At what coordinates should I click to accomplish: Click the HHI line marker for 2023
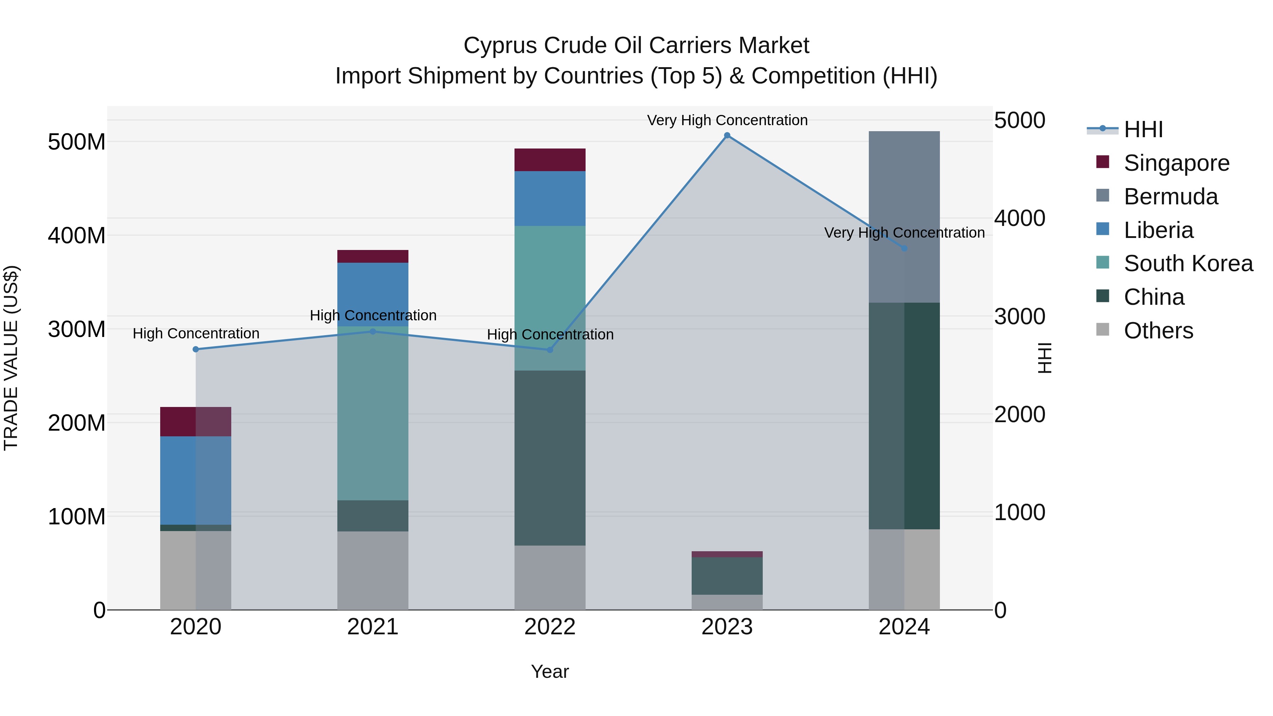click(727, 135)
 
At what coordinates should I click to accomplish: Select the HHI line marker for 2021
click(373, 332)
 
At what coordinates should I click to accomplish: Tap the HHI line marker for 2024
click(904, 249)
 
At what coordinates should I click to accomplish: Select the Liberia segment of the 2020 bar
click(196, 480)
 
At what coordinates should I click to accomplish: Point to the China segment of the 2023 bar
click(727, 576)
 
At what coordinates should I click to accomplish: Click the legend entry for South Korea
click(1188, 263)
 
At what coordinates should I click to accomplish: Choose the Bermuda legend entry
click(1171, 197)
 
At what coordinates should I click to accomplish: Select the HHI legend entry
click(1143, 129)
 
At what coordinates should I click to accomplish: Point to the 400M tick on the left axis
click(77, 236)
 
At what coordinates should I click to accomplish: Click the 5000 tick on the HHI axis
click(1020, 121)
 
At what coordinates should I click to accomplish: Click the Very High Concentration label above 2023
click(727, 120)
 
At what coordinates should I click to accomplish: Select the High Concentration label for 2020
click(196, 333)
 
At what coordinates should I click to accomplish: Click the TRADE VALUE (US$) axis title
click(11, 358)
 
